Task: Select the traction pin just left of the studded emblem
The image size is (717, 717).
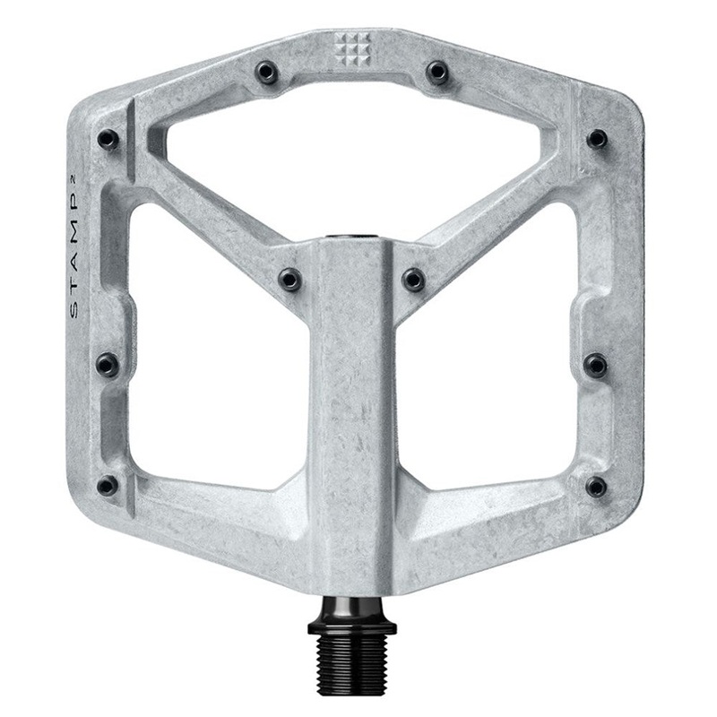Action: click(x=265, y=70)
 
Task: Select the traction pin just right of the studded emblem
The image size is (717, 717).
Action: click(x=436, y=70)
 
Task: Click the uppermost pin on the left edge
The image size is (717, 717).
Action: click(x=108, y=138)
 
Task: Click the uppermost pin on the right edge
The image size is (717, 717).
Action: click(x=596, y=138)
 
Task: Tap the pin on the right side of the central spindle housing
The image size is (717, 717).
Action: click(x=413, y=280)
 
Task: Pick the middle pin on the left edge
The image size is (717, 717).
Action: click(x=107, y=363)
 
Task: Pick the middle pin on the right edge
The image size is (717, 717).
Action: click(x=595, y=363)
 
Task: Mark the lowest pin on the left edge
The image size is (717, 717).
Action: click(x=107, y=486)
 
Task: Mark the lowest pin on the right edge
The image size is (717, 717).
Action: click(x=595, y=486)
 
